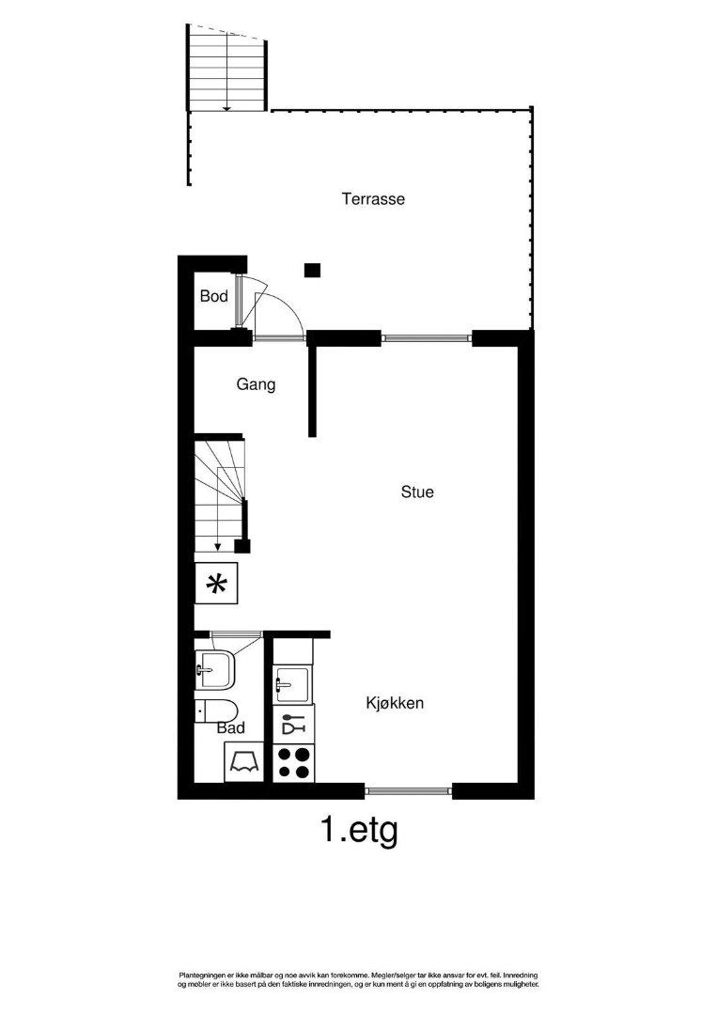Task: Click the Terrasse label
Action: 373,198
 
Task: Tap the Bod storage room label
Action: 214,296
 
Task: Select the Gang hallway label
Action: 256,384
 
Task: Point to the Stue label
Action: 417,492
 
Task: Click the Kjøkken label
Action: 395,703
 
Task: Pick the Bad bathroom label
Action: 231,728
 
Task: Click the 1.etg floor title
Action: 359,831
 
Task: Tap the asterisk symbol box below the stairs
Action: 216,584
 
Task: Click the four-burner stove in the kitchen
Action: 293,762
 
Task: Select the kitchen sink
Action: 292,683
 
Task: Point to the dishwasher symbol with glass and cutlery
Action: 293,724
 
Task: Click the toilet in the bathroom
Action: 217,710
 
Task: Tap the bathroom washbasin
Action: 216,670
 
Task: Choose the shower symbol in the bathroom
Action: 244,762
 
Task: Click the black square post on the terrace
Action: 313,270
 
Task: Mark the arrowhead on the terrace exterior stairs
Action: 226,108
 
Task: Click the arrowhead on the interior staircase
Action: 218,547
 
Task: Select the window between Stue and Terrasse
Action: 427,337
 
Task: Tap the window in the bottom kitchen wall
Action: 409,790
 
